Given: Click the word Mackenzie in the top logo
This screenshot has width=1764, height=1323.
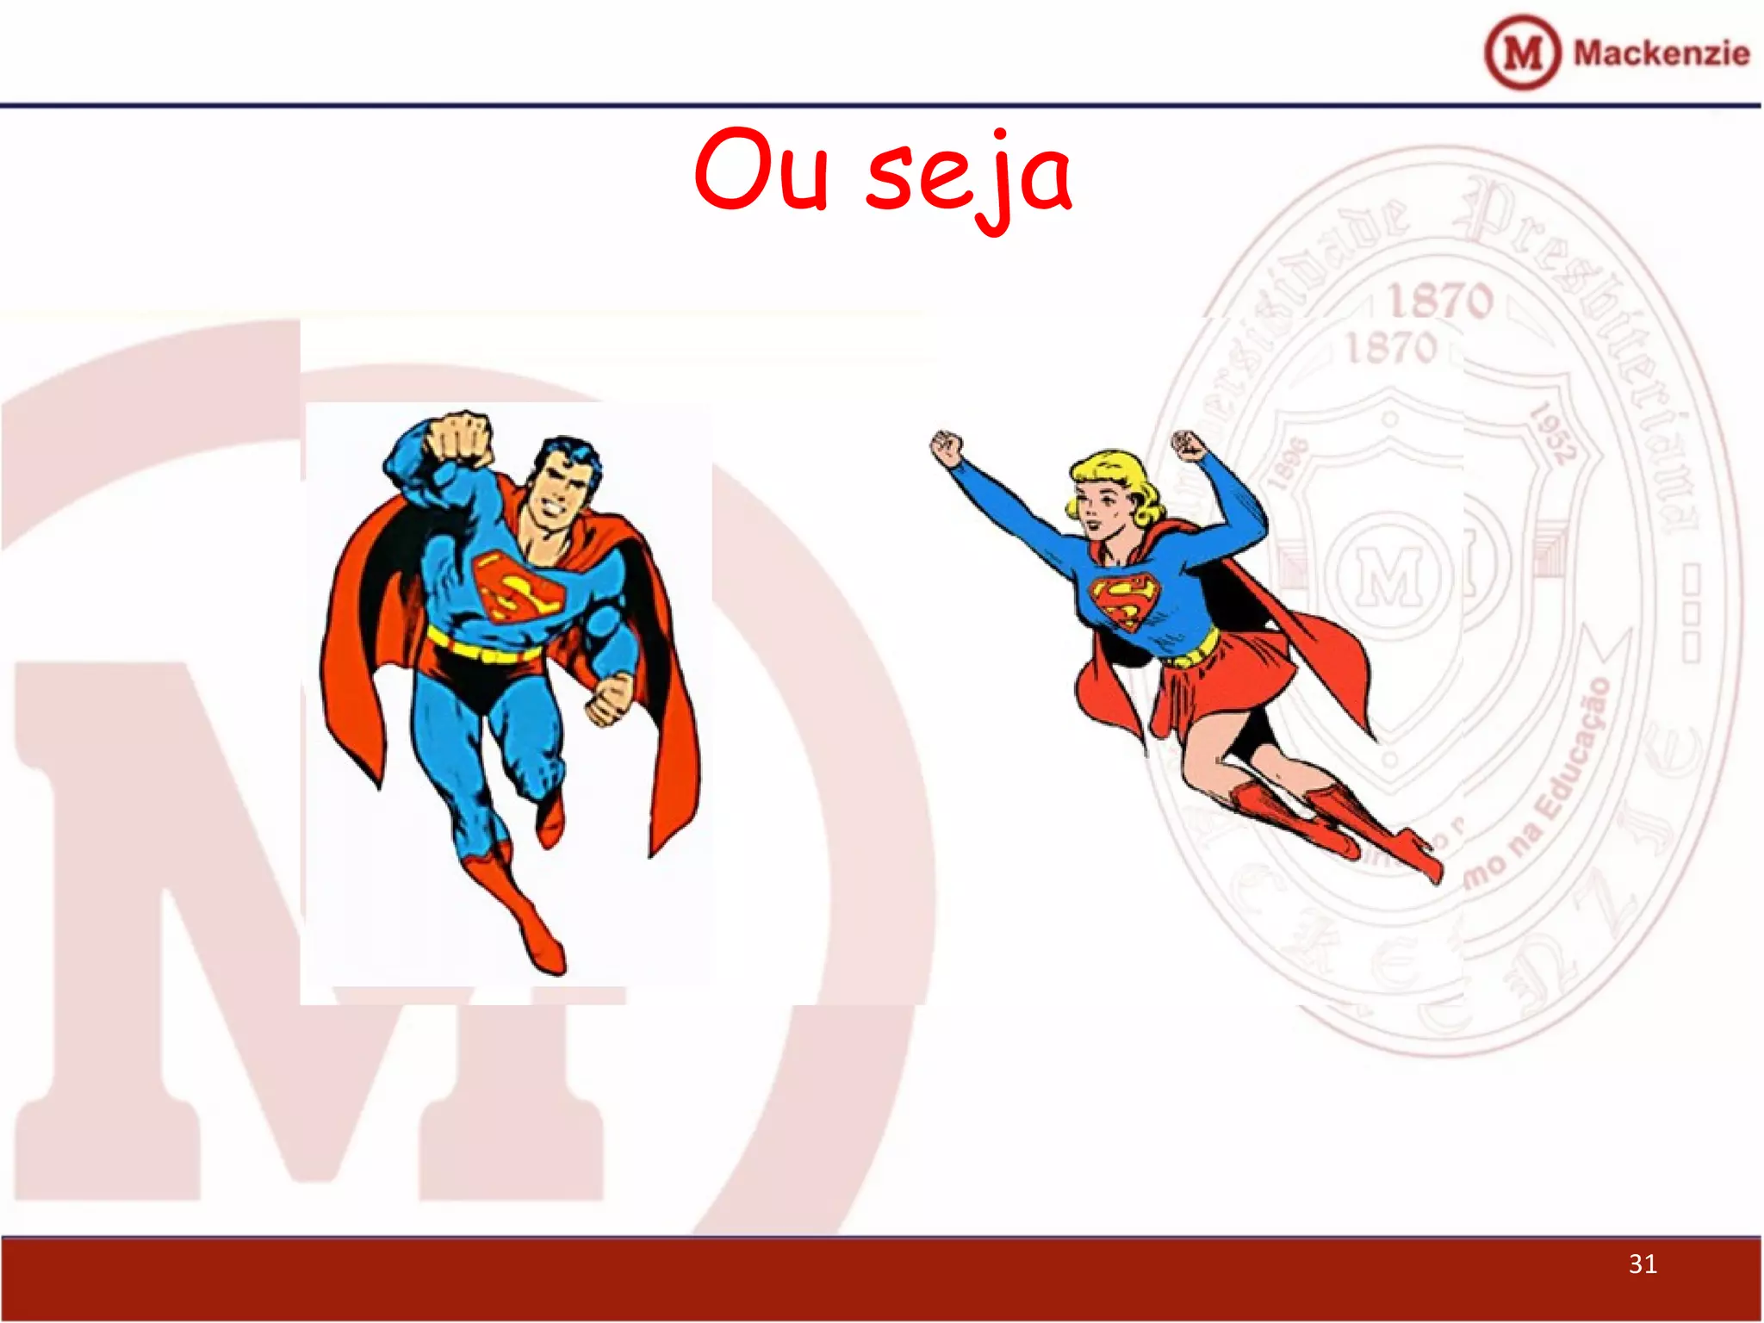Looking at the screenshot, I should point(1661,53).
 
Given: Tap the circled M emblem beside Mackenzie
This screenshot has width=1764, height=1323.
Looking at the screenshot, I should point(1522,53).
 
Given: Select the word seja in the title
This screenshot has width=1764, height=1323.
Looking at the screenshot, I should point(969,177).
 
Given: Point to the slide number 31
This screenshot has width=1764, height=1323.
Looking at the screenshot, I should point(1643,1264).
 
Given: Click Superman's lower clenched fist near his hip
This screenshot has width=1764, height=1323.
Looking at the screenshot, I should point(610,698).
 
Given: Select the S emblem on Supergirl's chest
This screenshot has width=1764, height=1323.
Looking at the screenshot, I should point(1124,599).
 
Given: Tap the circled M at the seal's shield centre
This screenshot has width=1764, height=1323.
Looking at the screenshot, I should point(1388,573).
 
